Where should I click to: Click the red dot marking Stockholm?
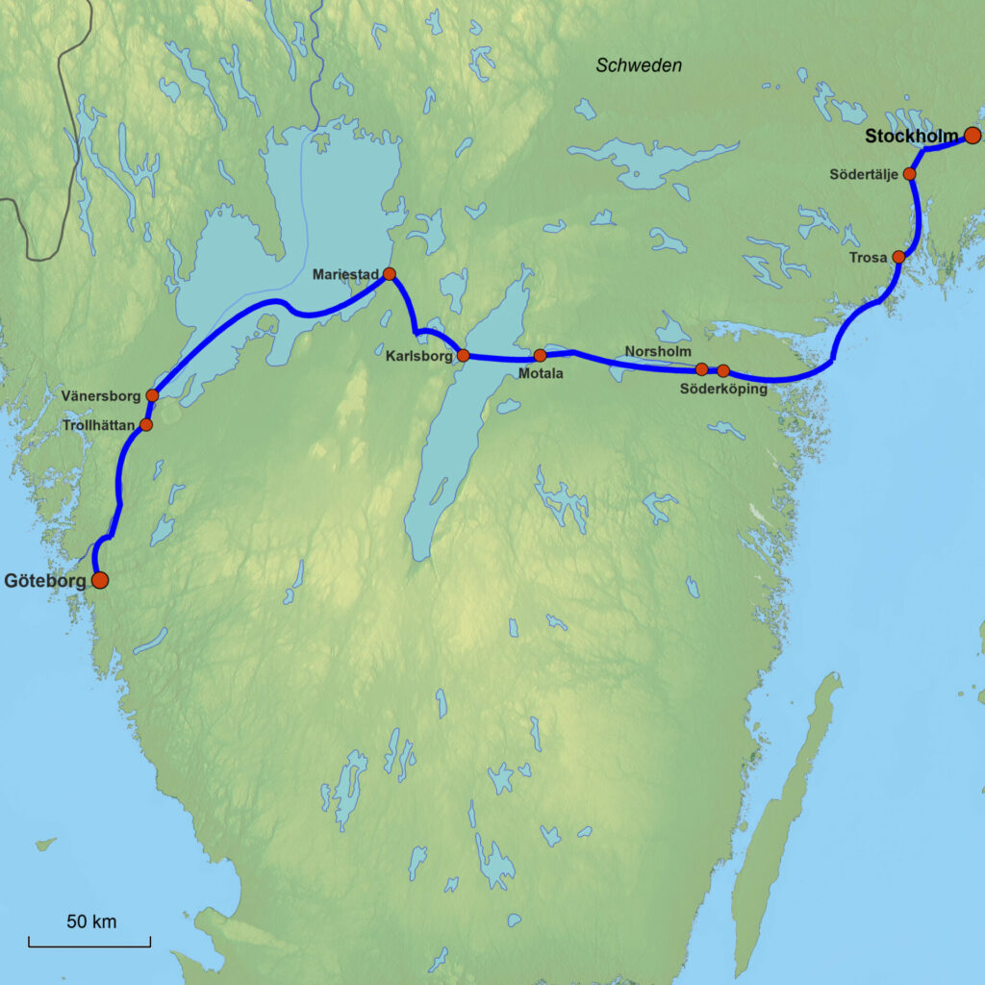(x=972, y=136)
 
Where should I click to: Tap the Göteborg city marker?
(x=99, y=580)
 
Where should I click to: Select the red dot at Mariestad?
(x=390, y=274)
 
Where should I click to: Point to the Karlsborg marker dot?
(x=463, y=355)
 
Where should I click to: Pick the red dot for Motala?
(x=540, y=355)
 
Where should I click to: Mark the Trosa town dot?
(x=898, y=257)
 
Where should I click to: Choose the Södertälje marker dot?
(x=909, y=174)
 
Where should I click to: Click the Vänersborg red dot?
(x=152, y=395)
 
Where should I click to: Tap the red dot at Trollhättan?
(x=146, y=424)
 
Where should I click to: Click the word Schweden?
(x=639, y=65)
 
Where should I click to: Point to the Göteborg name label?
(x=45, y=581)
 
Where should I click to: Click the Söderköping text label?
(x=723, y=389)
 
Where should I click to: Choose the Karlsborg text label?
(x=419, y=356)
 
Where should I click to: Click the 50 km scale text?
(x=91, y=922)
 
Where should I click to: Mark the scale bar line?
(x=89, y=945)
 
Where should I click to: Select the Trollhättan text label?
(x=99, y=424)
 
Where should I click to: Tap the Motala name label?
(x=540, y=373)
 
